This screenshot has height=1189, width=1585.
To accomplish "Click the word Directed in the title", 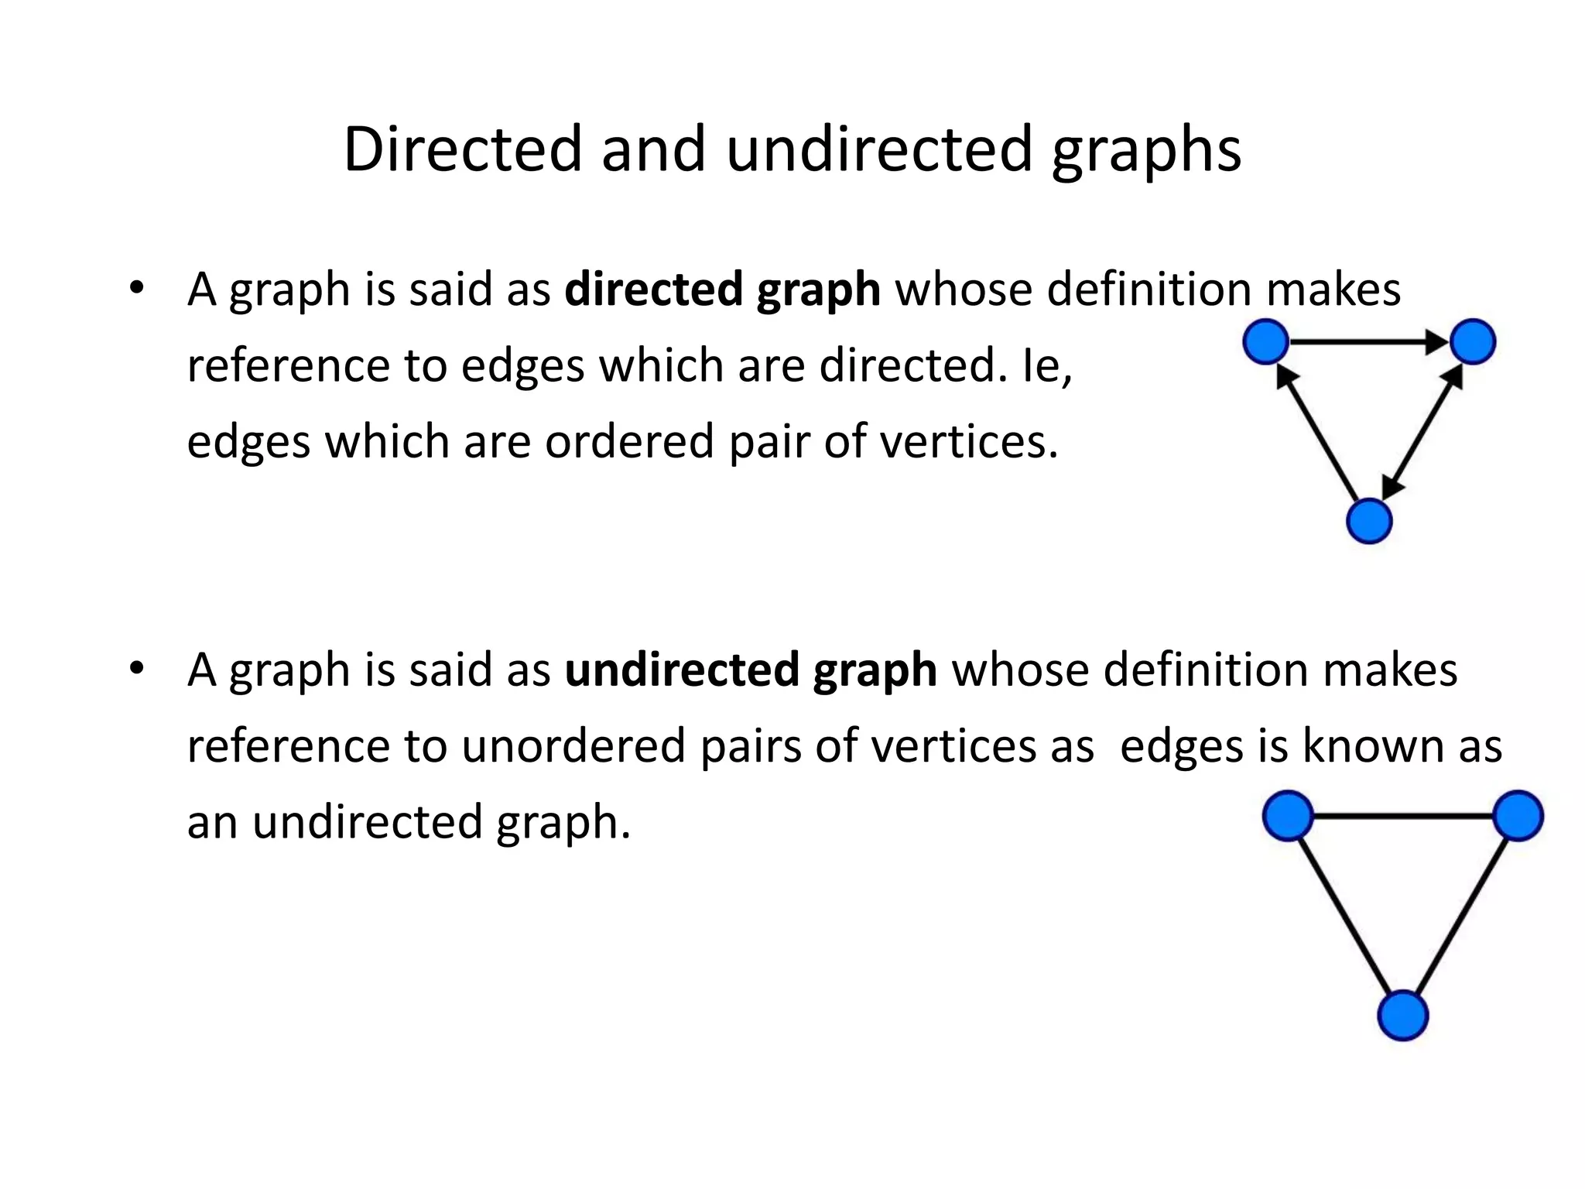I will (x=462, y=149).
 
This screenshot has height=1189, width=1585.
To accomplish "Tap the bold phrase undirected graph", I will (x=751, y=670).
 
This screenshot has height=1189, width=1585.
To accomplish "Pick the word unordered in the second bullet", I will (x=573, y=746).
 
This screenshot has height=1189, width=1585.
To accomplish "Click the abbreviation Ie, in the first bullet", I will (x=1046, y=366).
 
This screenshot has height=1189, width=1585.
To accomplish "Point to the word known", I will (x=1371, y=746).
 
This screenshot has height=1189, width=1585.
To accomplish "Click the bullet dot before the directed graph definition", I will (x=137, y=287).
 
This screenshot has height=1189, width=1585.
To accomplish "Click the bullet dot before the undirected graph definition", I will (x=137, y=667).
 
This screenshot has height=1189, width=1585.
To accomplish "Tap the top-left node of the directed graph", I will (x=1265, y=341).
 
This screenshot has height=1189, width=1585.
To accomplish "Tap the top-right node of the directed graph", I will (x=1472, y=341).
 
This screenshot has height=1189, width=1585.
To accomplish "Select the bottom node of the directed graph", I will (x=1369, y=521).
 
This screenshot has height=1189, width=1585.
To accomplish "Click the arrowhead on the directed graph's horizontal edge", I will (x=1436, y=341).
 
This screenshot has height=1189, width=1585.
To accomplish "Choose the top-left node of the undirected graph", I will (x=1288, y=816).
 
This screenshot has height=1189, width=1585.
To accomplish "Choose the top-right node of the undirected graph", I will (x=1518, y=816).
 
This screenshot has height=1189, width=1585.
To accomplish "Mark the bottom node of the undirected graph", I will (x=1403, y=1016).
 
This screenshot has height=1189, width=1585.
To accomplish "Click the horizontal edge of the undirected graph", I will (x=1403, y=816).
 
